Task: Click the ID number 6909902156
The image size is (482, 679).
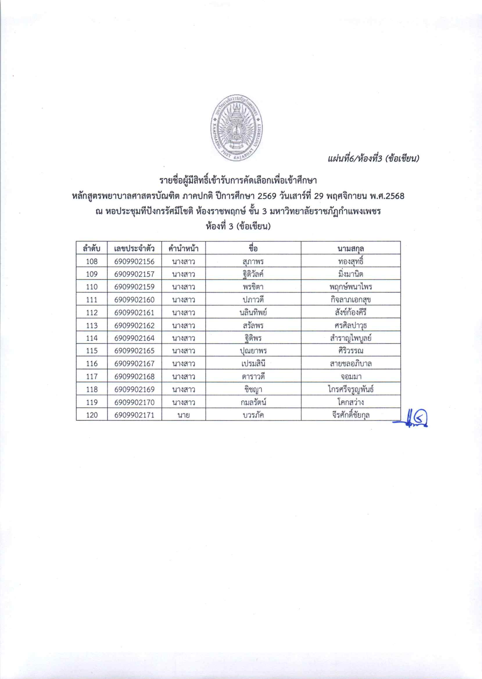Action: pos(134,261)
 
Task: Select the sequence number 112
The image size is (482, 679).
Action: pos(91,313)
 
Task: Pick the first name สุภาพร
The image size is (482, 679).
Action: pos(253,261)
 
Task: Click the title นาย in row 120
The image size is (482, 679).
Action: pos(183,415)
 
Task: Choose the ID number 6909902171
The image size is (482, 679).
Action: pos(134,415)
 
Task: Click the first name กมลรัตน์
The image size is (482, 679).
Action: pos(253,402)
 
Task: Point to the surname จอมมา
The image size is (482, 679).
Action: pos(351,377)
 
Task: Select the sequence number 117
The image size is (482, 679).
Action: pos(91,377)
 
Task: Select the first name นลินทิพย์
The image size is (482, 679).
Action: pos(253,313)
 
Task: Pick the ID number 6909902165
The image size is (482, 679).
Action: pos(134,351)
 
